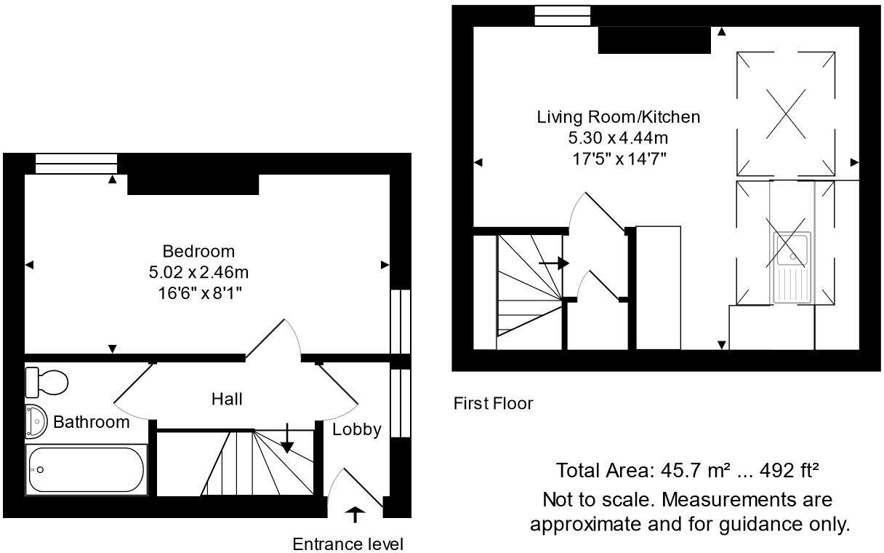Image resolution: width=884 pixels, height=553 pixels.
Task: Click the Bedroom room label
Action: (198, 252)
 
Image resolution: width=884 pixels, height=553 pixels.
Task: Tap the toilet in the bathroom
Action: (47, 381)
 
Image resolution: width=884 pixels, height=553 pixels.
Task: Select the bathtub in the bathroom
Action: (87, 470)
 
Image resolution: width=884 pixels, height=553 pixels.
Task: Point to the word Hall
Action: (227, 399)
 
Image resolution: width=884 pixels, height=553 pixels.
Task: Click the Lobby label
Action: (356, 429)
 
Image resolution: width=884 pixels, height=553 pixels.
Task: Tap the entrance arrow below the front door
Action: (355, 515)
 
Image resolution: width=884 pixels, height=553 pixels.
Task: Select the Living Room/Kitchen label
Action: (619, 116)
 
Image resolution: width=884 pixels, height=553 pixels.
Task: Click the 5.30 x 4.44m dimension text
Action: (619, 138)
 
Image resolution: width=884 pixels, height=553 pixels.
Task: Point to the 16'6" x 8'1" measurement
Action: (198, 293)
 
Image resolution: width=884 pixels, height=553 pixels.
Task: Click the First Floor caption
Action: (493, 403)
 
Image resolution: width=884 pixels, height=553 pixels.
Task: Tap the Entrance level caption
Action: (347, 544)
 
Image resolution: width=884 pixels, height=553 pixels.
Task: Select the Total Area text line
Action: (687, 471)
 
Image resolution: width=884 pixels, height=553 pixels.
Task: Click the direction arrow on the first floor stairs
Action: (553, 263)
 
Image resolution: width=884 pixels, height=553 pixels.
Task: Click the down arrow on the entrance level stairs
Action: (288, 439)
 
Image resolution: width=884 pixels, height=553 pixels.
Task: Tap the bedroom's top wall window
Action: (76, 164)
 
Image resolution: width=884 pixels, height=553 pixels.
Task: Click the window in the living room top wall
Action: (563, 16)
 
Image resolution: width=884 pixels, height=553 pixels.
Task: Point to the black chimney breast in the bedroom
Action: (193, 185)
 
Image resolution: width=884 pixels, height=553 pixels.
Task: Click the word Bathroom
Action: (92, 422)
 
